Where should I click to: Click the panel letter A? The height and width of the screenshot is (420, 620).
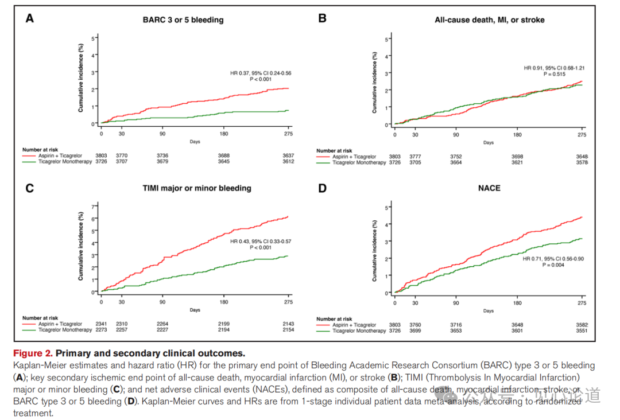pyautogui.click(x=29, y=18)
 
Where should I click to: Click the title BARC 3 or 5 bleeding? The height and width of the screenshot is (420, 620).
pyautogui.click(x=183, y=20)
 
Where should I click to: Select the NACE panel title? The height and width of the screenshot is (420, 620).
pyautogui.click(x=489, y=188)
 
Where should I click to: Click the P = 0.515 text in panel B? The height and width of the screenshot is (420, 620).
pyautogui.click(x=554, y=74)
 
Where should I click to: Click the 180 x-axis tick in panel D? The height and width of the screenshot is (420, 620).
pyautogui.click(x=517, y=303)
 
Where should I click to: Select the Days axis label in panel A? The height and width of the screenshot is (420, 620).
pyautogui.click(x=195, y=141)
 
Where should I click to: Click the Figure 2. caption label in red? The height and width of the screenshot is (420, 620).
pyautogui.click(x=33, y=353)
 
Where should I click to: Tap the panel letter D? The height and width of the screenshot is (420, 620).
pyautogui.click(x=323, y=188)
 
